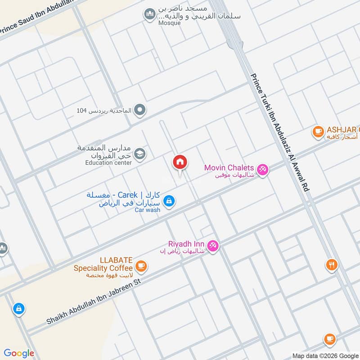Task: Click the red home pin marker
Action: pos(180,162)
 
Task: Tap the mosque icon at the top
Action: pos(149,15)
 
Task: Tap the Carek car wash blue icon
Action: pos(169,201)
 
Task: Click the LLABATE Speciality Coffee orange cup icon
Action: pos(141,266)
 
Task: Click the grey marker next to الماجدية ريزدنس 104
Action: pos(140,109)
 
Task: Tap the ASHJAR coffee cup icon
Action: pos(319,131)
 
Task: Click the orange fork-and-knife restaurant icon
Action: pos(332,265)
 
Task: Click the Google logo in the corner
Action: pos(19,353)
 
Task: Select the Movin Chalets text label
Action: pos(229,167)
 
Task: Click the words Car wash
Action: pos(147,210)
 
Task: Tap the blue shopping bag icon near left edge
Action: pos(18,309)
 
